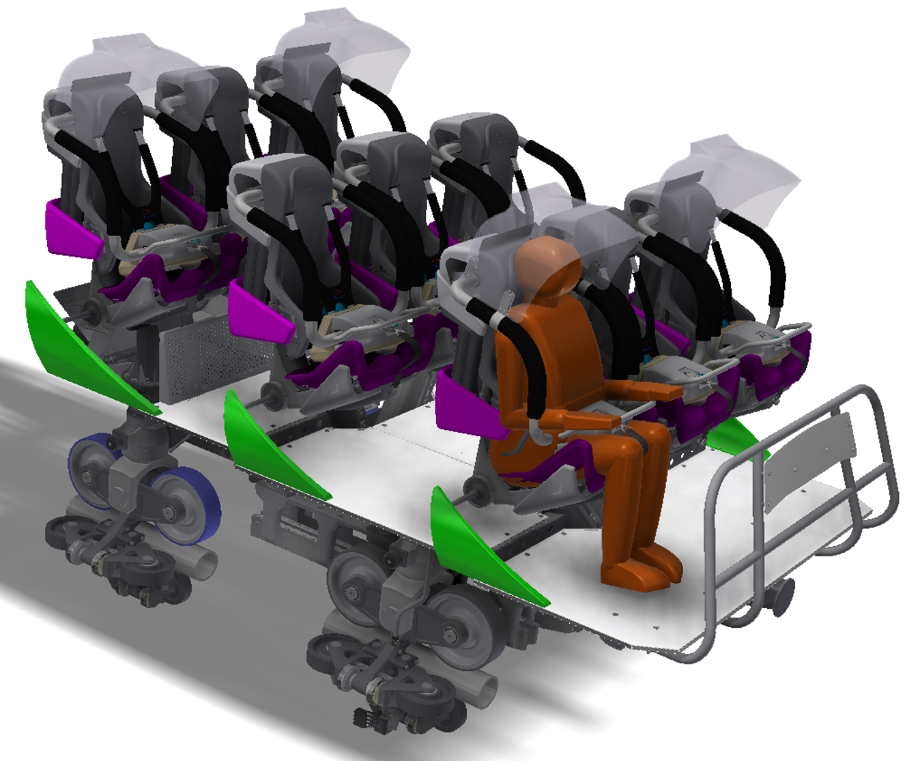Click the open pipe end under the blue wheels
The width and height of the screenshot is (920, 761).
[205, 564]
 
